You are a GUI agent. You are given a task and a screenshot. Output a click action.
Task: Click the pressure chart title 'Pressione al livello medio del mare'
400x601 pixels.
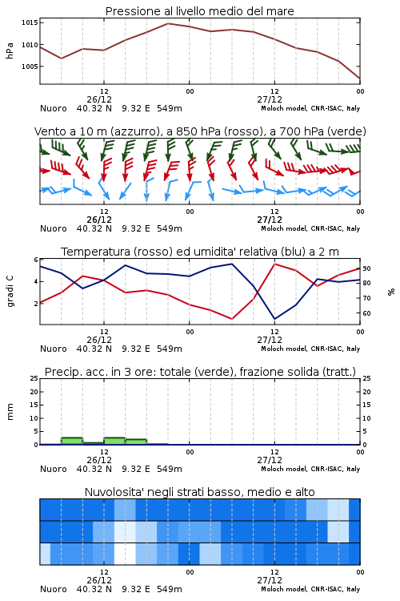pyautogui.click(x=199, y=11)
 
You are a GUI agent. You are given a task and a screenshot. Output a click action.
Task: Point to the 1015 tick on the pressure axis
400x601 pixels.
pyautogui.click(x=30, y=22)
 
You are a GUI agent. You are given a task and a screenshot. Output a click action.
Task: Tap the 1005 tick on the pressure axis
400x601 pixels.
pyautogui.click(x=30, y=67)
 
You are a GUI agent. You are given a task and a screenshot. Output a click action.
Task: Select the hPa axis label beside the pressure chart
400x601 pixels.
pyautogui.click(x=10, y=50)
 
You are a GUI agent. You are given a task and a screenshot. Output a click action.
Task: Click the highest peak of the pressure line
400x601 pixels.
pyautogui.click(x=168, y=23)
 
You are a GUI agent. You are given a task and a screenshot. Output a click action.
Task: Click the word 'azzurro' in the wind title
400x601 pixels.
pyautogui.click(x=134, y=131)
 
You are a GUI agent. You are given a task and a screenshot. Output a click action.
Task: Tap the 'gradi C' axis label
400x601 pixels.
pyautogui.click(x=10, y=292)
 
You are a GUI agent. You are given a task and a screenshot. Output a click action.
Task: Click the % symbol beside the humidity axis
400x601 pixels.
pyautogui.click(x=391, y=292)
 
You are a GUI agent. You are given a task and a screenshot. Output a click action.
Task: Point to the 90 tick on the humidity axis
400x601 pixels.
pyautogui.click(x=366, y=268)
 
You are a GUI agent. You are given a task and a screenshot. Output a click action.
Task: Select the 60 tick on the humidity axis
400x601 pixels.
pyautogui.click(x=366, y=313)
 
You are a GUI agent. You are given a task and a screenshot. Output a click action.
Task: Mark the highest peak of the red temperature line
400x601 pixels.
pyautogui.click(x=274, y=264)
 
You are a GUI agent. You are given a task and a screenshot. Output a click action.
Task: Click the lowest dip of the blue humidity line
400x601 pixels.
pyautogui.click(x=274, y=319)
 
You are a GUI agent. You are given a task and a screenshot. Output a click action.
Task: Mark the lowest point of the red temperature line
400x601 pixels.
pyautogui.click(x=231, y=319)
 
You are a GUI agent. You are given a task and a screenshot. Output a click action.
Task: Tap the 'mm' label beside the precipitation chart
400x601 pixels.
pyautogui.click(x=10, y=412)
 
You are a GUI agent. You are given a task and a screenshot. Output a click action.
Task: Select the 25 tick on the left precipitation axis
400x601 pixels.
pyautogui.click(x=34, y=379)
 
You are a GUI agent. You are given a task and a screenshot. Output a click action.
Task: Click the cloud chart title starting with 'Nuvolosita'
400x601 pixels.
pyautogui.click(x=199, y=492)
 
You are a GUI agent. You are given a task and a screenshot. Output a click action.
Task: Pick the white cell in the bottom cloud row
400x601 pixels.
pyautogui.click(x=125, y=554)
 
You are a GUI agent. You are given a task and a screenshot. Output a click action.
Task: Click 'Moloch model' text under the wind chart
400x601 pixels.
pyautogui.click(x=284, y=228)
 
